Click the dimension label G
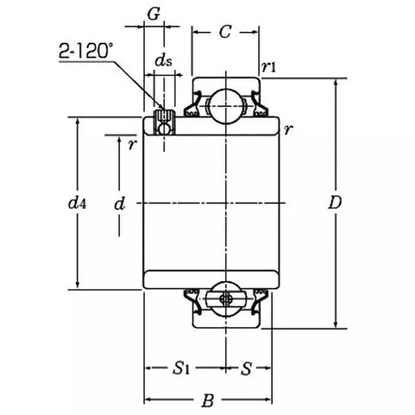click(154, 14)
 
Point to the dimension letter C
click(225, 32)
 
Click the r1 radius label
click(269, 66)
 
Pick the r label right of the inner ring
click(288, 129)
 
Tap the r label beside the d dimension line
click(132, 144)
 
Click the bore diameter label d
click(120, 204)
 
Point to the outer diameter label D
click(335, 203)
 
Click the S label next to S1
click(247, 369)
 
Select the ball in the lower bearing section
click(225, 299)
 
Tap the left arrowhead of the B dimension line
click(147, 399)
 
